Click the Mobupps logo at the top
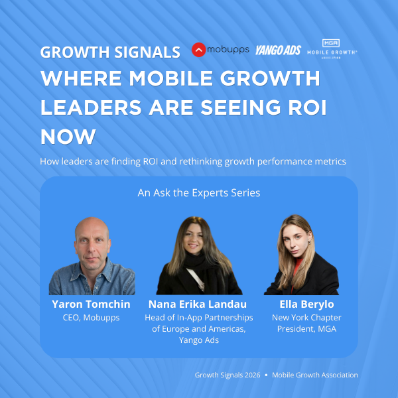(x=220, y=50)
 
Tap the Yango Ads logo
(x=278, y=50)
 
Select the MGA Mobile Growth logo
(x=332, y=50)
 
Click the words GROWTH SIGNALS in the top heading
(x=110, y=52)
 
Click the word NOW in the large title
(x=68, y=137)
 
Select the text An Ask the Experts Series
(x=198, y=193)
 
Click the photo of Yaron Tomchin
(x=92, y=255)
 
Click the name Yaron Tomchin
(x=92, y=304)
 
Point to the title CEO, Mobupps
(x=92, y=317)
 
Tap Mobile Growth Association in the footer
(x=316, y=375)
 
